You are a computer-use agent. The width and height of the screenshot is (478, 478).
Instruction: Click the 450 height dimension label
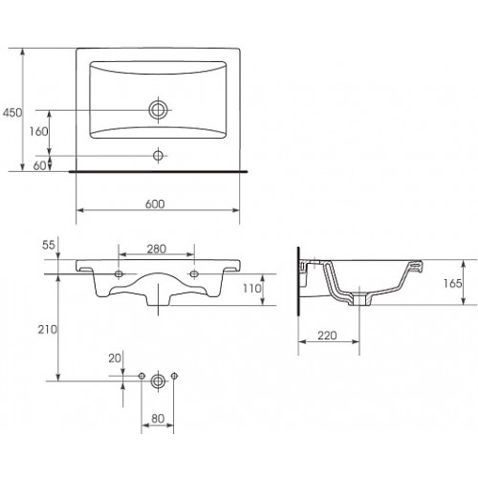pos(12,113)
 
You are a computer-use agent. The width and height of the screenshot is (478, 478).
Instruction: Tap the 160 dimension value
pos(38,131)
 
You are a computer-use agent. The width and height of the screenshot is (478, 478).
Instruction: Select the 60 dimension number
pos(40,165)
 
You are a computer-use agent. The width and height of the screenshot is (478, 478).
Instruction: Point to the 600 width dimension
pos(155,204)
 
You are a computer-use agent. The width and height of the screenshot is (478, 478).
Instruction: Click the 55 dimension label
pos(49,245)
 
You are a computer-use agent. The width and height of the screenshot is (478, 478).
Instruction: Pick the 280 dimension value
pos(157,249)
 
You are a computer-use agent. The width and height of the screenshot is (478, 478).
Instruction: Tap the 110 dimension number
pos(252,289)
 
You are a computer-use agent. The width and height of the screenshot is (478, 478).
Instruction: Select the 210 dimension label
pos(47,330)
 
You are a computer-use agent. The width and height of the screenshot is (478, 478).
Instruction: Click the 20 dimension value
pos(115,358)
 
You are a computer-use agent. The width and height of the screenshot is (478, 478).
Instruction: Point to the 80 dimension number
pos(158,419)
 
